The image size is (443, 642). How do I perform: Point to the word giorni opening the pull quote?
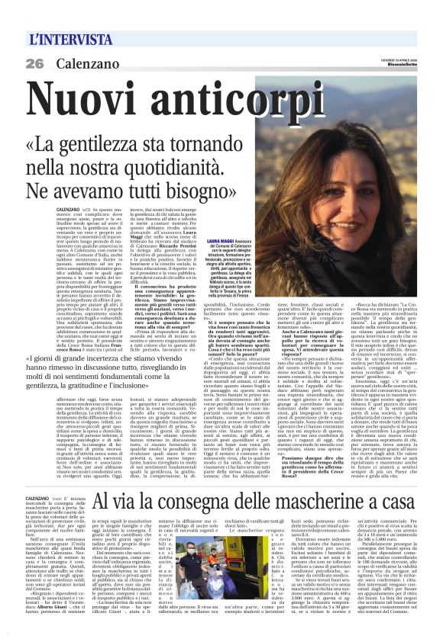[74, 359]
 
